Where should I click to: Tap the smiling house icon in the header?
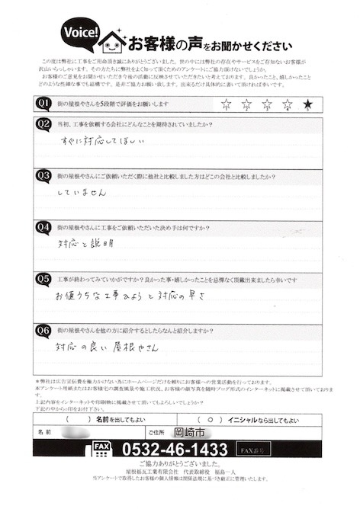pos(113,38)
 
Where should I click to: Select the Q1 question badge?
pos(43,102)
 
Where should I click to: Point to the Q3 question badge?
pos(43,176)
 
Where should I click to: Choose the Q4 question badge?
pos(43,226)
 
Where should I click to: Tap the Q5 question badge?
pos(43,279)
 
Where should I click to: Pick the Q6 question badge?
pos(43,331)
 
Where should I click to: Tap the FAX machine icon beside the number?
pos(101,450)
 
